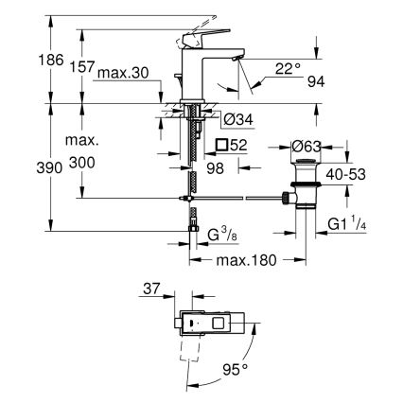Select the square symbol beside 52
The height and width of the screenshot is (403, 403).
(220, 145)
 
